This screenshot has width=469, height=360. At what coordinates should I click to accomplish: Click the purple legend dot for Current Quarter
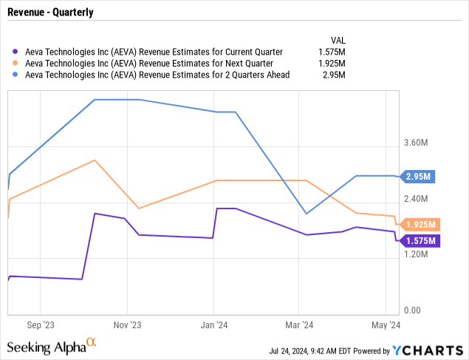tap(16, 52)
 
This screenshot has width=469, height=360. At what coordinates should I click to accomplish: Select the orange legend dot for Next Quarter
tap(16, 63)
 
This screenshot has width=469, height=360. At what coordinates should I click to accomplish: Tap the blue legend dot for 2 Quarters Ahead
tap(16, 75)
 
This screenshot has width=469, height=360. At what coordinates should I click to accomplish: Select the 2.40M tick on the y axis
tap(419, 199)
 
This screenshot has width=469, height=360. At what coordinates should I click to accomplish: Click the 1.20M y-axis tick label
tap(419, 254)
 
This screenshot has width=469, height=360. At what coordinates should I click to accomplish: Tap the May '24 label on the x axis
tap(386, 324)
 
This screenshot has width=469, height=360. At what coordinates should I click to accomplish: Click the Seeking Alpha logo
tap(52, 346)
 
